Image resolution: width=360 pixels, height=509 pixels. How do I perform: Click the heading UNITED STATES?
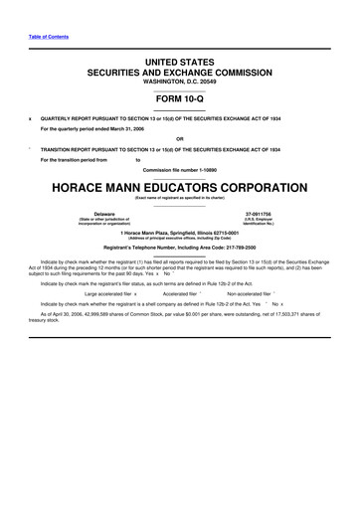[179, 63]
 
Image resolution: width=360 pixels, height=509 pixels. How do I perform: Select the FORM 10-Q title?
[179, 98]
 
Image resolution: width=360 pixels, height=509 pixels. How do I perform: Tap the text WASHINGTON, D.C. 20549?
[179, 83]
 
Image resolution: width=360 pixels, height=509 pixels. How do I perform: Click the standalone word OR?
[179, 138]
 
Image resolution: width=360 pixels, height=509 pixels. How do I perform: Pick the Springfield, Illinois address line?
[179, 233]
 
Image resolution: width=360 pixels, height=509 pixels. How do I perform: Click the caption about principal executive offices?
[179, 239]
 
